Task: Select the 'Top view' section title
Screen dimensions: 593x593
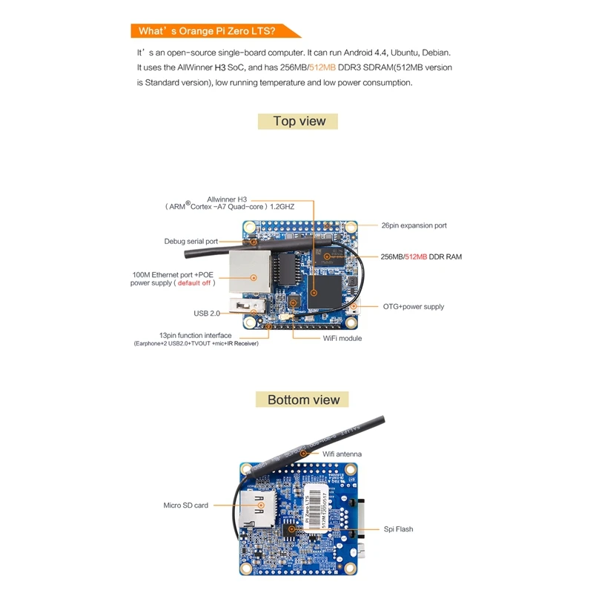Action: (299, 121)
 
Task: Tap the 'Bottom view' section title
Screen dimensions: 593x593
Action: (303, 400)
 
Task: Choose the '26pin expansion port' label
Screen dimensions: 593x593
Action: (414, 225)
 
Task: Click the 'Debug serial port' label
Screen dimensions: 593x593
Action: (191, 242)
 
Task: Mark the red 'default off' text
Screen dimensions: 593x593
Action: (194, 283)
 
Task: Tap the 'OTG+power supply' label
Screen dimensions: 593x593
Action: (413, 306)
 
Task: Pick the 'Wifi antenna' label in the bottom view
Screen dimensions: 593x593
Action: (342, 454)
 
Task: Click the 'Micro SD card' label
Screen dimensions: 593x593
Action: (185, 506)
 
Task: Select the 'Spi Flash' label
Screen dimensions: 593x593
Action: (398, 529)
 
